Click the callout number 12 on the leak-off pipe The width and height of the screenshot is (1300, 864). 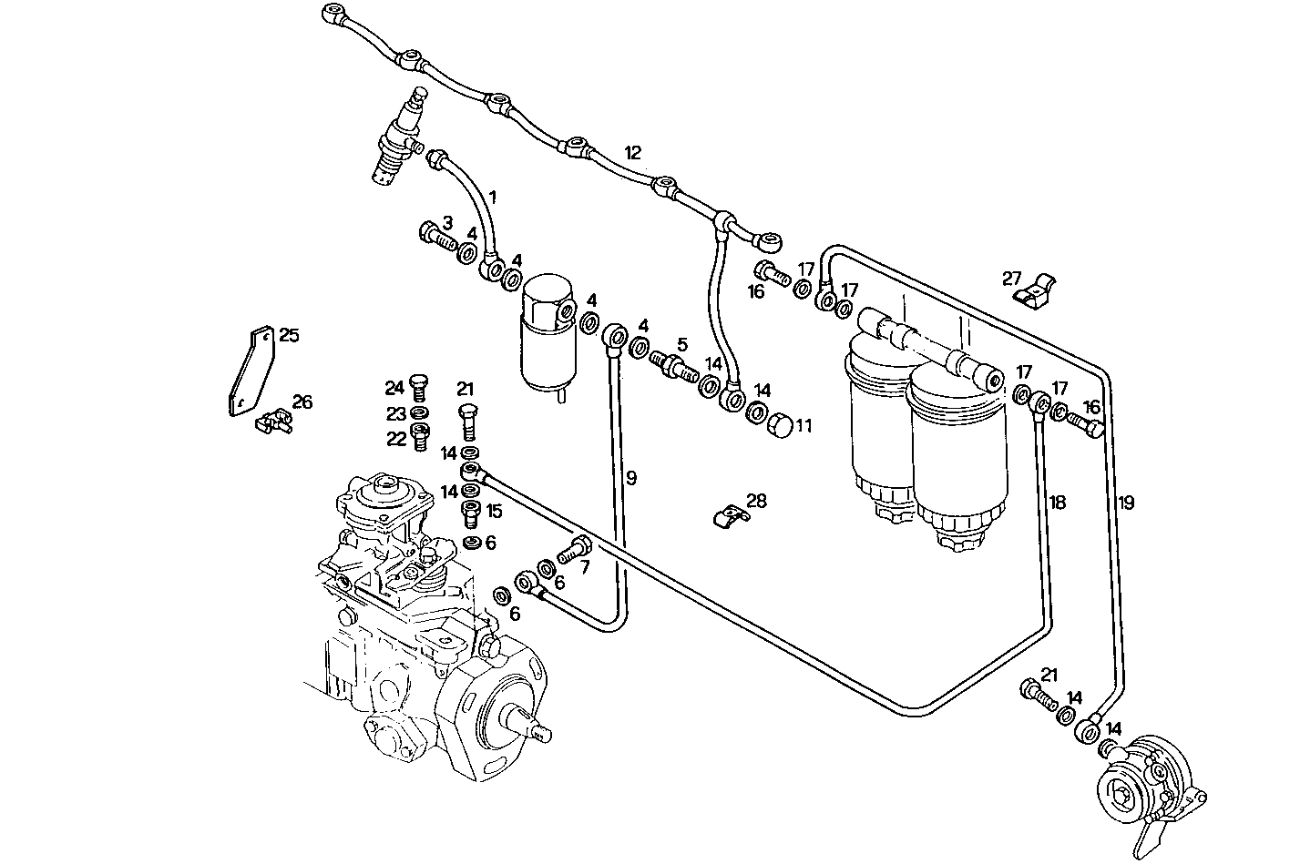click(633, 152)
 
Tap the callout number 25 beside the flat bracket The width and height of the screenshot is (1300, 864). click(289, 336)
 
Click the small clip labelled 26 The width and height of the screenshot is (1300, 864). click(272, 420)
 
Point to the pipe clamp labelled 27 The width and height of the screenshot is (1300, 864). click(1039, 292)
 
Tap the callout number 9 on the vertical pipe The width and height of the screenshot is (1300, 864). click(630, 476)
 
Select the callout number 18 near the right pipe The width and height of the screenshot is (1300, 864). click(1057, 503)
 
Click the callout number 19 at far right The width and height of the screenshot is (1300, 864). click(1126, 503)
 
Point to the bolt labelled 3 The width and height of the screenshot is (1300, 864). click(437, 237)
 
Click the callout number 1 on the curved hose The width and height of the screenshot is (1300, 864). click(493, 196)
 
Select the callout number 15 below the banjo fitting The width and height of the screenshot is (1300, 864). click(493, 511)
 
